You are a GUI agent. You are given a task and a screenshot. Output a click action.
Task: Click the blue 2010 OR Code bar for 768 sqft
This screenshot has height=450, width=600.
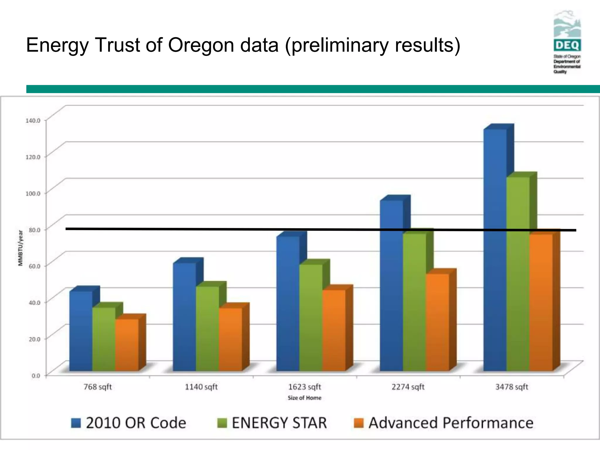point(81,331)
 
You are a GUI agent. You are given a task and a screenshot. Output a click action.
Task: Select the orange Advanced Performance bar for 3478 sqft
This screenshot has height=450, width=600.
point(541,302)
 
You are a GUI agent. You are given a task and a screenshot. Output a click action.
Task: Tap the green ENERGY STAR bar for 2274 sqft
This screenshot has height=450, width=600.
point(414,302)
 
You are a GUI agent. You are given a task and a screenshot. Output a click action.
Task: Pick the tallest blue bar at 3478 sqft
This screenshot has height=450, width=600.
point(495,249)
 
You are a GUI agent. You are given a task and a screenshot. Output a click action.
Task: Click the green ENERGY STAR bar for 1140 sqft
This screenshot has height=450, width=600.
point(207,328)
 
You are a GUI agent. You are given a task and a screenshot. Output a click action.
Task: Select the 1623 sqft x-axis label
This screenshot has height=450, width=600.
point(305,387)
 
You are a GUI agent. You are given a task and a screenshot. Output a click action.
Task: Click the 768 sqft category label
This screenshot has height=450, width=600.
point(98,387)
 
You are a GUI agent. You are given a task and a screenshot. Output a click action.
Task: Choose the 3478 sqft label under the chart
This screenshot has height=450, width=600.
point(512,387)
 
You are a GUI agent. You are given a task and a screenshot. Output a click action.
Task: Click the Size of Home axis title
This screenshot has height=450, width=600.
point(304,398)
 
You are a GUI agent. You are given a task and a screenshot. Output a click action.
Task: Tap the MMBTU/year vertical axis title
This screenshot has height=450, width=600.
point(21,248)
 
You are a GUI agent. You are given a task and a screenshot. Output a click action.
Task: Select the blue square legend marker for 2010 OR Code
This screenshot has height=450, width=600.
point(76,423)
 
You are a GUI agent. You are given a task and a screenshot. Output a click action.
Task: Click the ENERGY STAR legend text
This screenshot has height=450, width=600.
point(279,423)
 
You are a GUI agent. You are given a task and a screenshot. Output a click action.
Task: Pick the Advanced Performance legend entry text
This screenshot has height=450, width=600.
point(451,423)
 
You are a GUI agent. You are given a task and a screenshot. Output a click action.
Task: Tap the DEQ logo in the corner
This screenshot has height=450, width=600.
point(567,41)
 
